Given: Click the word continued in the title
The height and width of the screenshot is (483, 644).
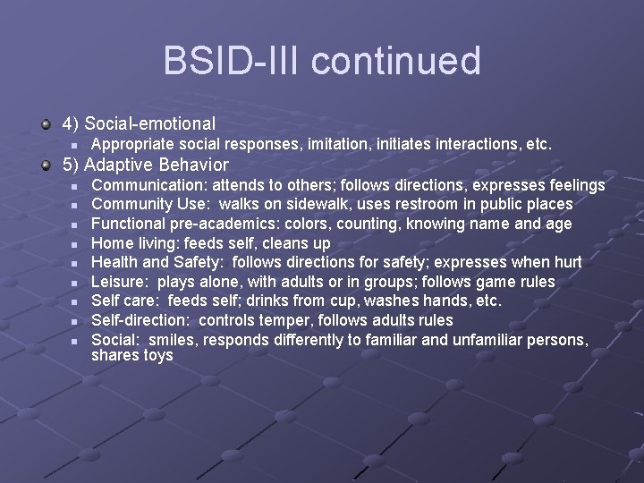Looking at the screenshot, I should pos(396,62).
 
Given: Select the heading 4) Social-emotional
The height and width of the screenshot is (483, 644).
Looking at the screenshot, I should pos(138,123).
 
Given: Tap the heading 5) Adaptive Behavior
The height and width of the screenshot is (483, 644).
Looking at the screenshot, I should pos(145,165).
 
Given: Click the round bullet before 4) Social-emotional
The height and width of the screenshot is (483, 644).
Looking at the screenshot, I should pos(46,123).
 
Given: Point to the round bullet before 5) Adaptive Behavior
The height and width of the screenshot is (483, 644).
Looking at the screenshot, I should pos(46,165).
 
